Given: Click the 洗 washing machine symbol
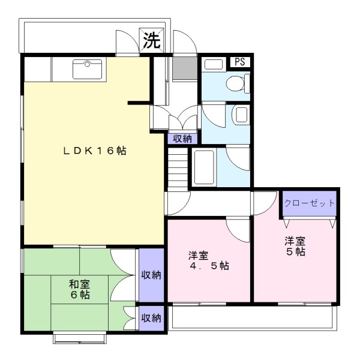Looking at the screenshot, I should tap(151, 40).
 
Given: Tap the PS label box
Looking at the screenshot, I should tap(240, 61).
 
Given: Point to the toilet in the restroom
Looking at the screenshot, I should tap(236, 83).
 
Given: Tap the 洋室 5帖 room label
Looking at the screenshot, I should tap(295, 247).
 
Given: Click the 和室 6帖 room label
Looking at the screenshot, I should tap(79, 290).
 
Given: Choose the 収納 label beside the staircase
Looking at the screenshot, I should tap(182, 139).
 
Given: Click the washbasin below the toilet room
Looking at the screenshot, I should tap(240, 114).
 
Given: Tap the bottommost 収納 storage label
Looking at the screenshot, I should tap(151, 318).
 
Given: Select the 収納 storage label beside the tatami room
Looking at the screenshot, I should tap(151, 275).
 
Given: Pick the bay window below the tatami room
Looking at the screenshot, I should tap(80, 338).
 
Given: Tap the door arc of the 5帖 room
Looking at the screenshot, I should tap(264, 205).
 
